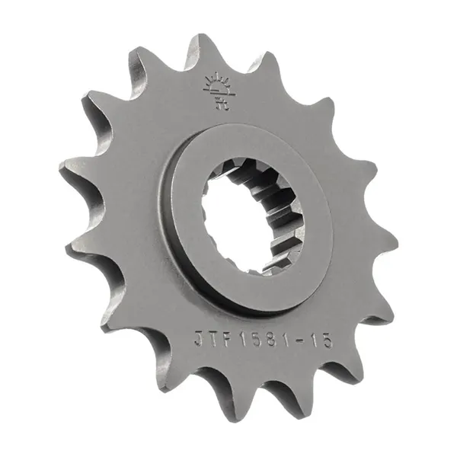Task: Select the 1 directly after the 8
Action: coord(283,340)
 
